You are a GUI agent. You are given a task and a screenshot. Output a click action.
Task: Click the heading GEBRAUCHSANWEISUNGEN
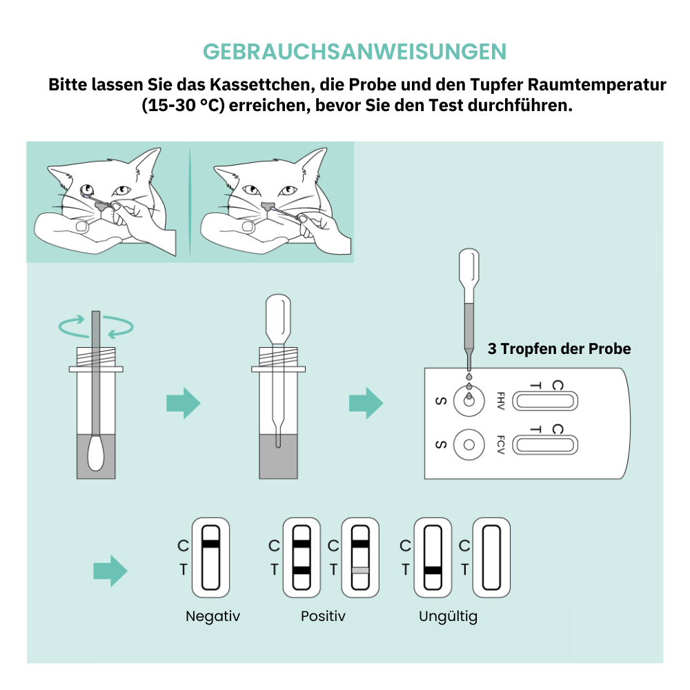[355, 52]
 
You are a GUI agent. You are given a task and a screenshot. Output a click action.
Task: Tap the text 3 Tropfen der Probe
[560, 348]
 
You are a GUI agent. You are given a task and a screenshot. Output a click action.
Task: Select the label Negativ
[213, 616]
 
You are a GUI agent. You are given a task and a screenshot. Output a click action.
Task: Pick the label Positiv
[323, 616]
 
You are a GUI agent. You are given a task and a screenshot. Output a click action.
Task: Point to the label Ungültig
[448, 616]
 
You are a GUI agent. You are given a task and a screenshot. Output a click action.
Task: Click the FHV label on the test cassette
[500, 401]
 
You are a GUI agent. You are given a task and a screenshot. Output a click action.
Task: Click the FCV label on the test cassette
[500, 444]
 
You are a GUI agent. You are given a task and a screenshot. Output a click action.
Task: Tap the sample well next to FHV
[469, 401]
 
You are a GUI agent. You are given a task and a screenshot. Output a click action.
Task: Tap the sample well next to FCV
[469, 444]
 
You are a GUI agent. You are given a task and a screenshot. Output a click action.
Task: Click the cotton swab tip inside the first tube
[96, 453]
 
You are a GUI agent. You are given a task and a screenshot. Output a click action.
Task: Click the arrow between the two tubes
[184, 403]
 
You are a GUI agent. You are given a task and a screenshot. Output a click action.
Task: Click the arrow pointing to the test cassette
[366, 403]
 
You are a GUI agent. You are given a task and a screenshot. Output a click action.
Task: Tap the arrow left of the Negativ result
[110, 571]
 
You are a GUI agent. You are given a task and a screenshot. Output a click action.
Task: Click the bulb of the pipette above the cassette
[469, 268]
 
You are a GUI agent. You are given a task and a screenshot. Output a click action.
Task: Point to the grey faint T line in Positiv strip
[360, 571]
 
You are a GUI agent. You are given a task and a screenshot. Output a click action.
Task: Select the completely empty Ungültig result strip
[491, 558]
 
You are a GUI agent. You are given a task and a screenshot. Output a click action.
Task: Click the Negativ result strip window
[210, 558]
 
